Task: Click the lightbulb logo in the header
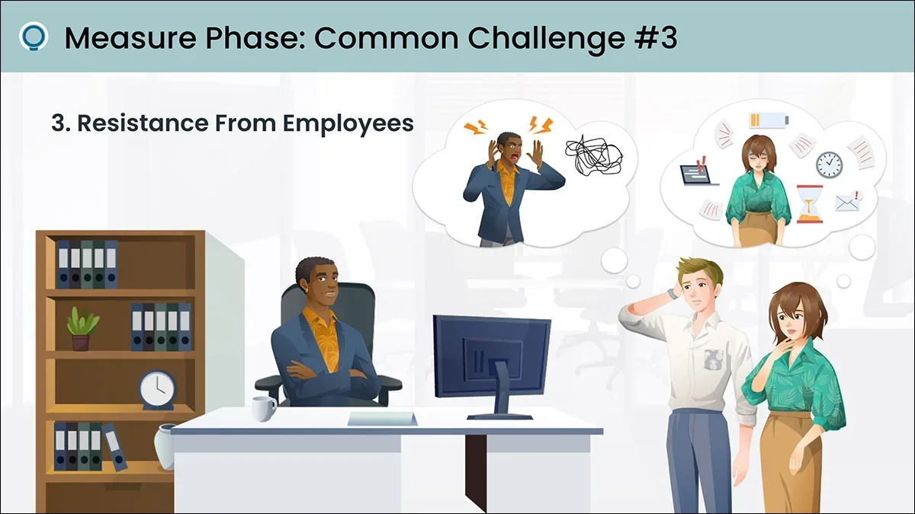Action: (34, 36)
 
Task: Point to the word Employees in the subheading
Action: (348, 124)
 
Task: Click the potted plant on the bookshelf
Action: (82, 329)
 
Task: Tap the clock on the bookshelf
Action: (158, 390)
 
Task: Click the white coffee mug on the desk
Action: (264, 409)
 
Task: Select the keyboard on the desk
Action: (382, 419)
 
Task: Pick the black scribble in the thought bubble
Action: (594, 156)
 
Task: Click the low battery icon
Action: (769, 120)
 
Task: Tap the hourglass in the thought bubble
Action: (809, 204)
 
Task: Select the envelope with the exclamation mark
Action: (849, 202)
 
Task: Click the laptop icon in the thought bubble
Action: (699, 172)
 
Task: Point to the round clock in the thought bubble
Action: (830, 164)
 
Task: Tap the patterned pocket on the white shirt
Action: (714, 361)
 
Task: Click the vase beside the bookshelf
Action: (165, 447)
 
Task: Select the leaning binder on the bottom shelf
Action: (115, 447)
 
